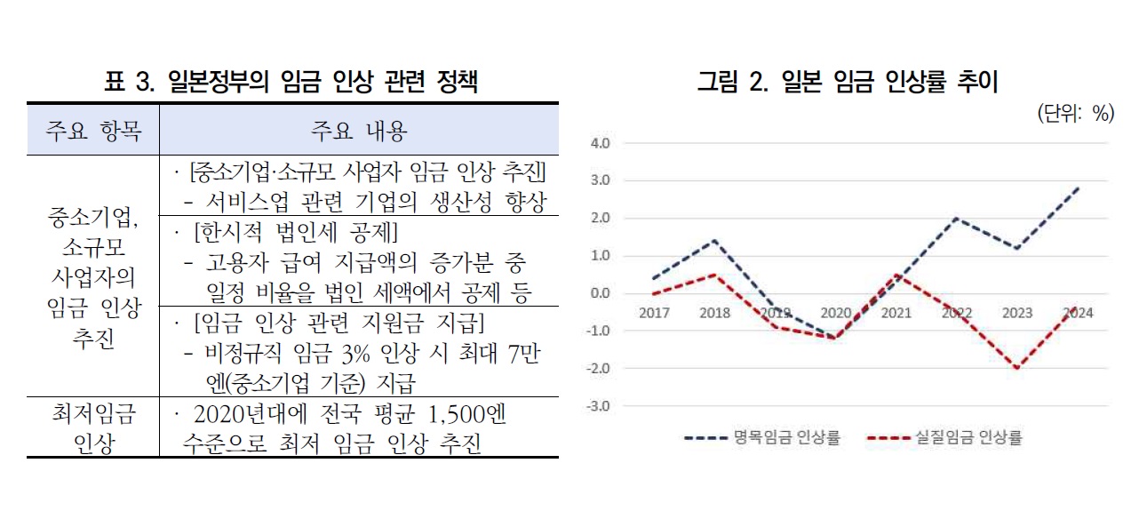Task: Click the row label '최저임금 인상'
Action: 92,429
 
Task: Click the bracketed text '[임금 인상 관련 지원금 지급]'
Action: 339,321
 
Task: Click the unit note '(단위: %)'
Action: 1075,114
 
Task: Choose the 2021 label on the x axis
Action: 897,313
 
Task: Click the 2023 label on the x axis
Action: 1017,313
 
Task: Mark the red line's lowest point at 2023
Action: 1017,368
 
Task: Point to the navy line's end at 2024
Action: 1078,188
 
